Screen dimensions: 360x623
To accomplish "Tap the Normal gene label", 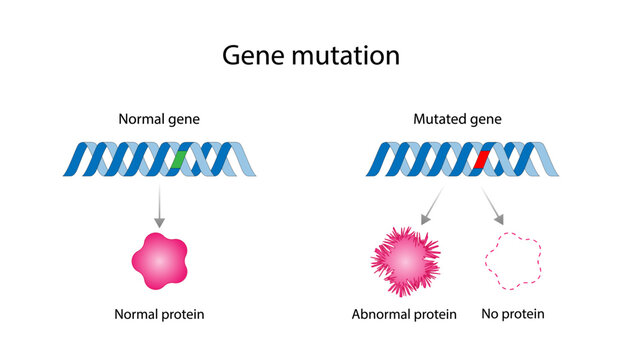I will (x=159, y=120).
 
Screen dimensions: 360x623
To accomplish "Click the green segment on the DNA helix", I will (x=177, y=159).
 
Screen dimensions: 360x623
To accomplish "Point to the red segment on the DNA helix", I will (x=481, y=159).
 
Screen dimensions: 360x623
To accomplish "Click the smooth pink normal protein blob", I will (x=160, y=259).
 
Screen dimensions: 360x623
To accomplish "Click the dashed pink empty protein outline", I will (x=513, y=262).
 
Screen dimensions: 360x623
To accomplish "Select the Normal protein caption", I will (x=159, y=314).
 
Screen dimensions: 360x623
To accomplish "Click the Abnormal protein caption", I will (x=403, y=314).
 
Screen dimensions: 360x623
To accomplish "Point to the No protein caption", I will (x=512, y=314).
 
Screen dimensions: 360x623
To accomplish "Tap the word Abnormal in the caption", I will (x=380, y=314).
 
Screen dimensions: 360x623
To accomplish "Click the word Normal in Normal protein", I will (x=137, y=314).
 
